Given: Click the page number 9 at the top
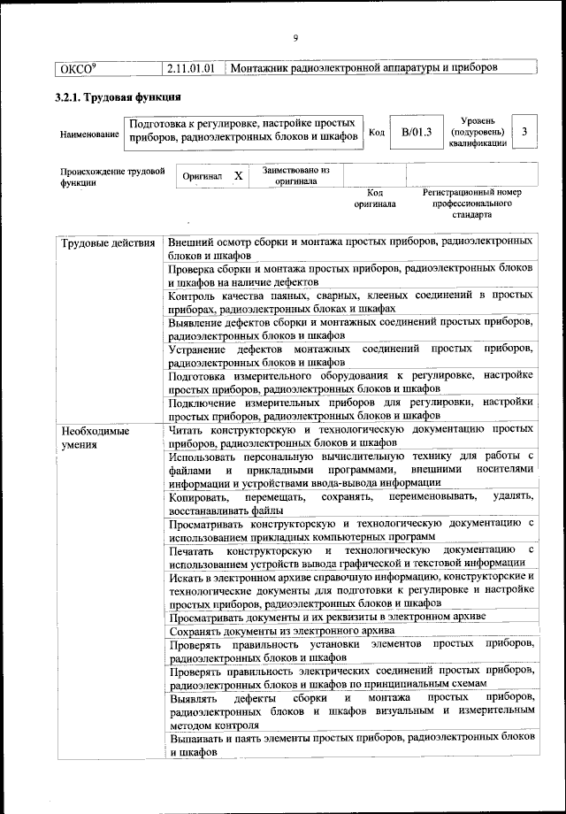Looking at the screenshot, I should pyautogui.click(x=295, y=37).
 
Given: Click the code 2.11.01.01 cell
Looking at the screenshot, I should pyautogui.click(x=192, y=67).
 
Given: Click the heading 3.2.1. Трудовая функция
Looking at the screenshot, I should pyautogui.click(x=119, y=96).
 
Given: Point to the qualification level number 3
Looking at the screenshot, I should pyautogui.click(x=525, y=132).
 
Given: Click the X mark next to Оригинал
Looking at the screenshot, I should pyautogui.click(x=238, y=175).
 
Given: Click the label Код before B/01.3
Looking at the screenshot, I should pyautogui.click(x=376, y=133).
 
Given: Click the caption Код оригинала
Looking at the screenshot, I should pyautogui.click(x=375, y=197).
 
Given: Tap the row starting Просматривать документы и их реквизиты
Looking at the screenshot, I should pyautogui.click(x=333, y=616).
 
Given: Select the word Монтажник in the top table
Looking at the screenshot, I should pyautogui.click(x=260, y=67).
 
